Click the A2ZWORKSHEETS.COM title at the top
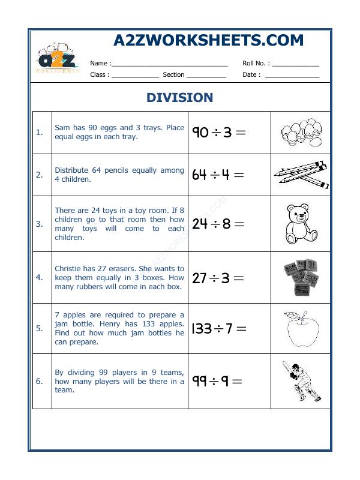[x=208, y=40]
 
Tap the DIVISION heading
[x=180, y=97]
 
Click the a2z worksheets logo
[x=58, y=59]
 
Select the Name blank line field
[x=170, y=64]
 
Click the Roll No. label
[x=256, y=63]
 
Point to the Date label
[x=251, y=75]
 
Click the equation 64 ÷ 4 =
[x=218, y=175]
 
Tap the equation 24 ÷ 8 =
[x=218, y=224]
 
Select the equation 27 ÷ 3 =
[x=218, y=278]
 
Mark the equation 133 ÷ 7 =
[x=219, y=328]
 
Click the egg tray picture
[x=300, y=133]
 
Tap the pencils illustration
[x=301, y=175]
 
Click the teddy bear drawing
[x=300, y=223]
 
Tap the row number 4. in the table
[x=39, y=278]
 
